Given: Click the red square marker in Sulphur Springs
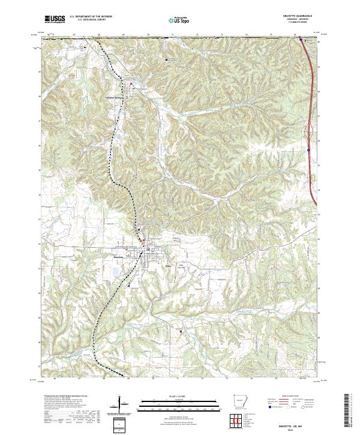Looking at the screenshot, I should coord(132,84).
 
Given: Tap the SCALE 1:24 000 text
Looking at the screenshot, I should coord(174,397).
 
